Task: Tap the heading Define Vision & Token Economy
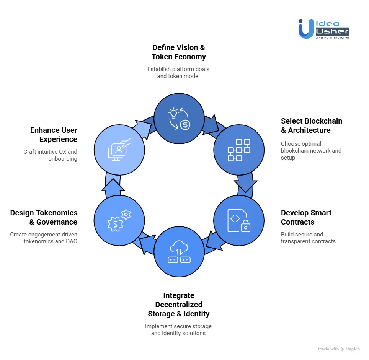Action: coord(179,52)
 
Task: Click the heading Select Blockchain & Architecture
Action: coord(312,126)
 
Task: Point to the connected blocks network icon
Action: coord(238,150)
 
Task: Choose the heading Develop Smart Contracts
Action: coord(306,218)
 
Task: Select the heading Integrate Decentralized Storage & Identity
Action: coord(179,305)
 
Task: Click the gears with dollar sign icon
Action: coord(119,221)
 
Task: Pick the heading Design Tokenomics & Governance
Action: coord(44,218)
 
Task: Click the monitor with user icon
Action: coord(119,150)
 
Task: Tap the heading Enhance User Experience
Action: coord(54,135)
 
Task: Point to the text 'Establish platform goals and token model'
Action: coord(178,73)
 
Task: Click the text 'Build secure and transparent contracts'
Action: coord(308,238)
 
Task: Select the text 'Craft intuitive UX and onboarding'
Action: coord(50,155)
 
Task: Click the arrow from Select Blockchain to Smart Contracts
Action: coord(245,183)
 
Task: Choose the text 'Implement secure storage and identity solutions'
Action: coord(178,330)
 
